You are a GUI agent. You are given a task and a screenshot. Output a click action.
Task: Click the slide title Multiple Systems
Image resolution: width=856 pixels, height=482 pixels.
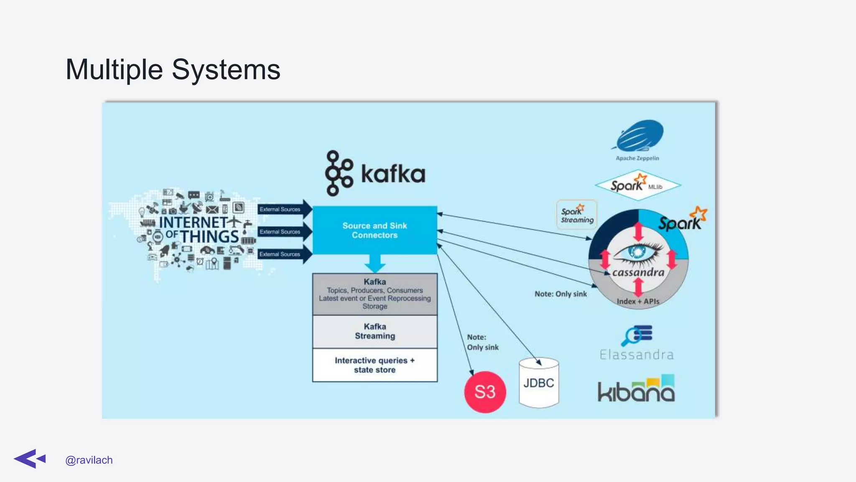click(x=173, y=69)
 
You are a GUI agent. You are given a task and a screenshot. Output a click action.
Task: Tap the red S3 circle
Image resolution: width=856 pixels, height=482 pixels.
click(x=485, y=392)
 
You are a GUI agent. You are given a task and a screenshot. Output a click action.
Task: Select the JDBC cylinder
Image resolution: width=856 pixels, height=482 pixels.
click(x=539, y=383)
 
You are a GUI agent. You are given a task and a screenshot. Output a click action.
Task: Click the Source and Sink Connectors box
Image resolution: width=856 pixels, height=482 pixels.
click(x=374, y=230)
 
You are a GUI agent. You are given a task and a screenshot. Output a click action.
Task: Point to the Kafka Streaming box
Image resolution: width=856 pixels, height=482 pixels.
click(x=374, y=331)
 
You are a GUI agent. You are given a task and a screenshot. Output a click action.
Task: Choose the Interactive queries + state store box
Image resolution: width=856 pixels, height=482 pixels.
click(x=374, y=365)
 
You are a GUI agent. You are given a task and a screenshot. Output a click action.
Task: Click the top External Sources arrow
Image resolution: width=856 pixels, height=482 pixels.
click(x=284, y=209)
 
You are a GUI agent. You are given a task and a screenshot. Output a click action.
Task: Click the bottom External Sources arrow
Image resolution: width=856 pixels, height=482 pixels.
click(x=284, y=254)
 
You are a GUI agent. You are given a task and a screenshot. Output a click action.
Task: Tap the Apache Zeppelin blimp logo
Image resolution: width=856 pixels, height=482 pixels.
click(x=639, y=136)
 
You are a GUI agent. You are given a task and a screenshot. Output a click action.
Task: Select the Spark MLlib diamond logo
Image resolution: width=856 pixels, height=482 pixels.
click(x=637, y=185)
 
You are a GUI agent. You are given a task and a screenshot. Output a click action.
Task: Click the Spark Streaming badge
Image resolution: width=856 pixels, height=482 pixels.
click(x=577, y=215)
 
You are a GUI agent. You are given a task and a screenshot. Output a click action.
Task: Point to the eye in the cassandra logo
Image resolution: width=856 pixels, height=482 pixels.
click(x=638, y=252)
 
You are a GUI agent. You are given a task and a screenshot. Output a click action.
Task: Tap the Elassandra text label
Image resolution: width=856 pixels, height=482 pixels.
click(x=637, y=355)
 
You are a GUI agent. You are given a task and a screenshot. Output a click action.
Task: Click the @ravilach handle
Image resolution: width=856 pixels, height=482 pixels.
click(x=89, y=460)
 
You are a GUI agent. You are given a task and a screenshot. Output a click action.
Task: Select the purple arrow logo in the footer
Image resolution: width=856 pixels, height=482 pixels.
click(x=30, y=459)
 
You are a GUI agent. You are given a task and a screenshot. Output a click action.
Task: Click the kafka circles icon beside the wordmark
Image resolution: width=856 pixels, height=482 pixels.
click(x=338, y=173)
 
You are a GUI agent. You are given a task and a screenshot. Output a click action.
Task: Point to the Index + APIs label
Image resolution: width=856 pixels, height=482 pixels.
click(x=638, y=301)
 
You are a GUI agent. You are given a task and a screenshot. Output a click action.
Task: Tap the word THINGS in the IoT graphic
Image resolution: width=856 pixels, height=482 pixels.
click(x=209, y=237)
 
